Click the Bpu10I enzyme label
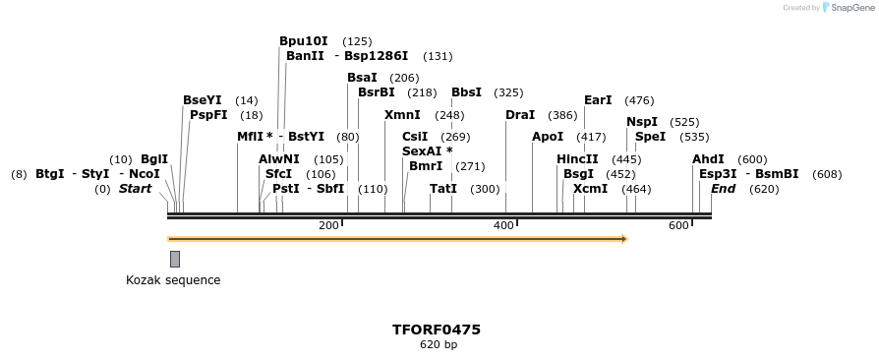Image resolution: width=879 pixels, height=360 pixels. click(304, 41)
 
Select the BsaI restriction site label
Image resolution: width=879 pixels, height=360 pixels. click(362, 78)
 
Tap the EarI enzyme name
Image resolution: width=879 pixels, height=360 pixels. click(598, 100)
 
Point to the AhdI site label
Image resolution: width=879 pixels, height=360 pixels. click(708, 159)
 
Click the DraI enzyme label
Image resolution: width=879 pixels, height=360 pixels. click(520, 115)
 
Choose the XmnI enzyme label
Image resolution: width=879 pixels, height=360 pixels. click(402, 115)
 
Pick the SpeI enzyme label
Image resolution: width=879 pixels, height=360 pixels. click(650, 137)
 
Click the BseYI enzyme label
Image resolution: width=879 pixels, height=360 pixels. click(203, 100)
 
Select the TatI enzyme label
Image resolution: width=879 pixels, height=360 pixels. click(443, 189)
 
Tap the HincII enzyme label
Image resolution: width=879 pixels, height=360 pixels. click(577, 159)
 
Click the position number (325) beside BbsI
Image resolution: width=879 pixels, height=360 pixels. click(508, 93)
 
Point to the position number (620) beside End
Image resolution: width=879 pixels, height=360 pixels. click(764, 189)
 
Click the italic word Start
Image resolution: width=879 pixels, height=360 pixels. click(135, 189)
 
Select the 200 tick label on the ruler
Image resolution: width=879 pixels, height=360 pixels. click(328, 226)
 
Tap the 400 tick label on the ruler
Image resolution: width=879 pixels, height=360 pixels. click(503, 226)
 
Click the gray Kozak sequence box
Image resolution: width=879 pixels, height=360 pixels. click(175, 259)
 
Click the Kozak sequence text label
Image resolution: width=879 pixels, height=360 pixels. click(173, 280)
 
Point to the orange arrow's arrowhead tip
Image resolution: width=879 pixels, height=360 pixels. click(626, 239)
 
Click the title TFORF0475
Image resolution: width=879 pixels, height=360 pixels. click(437, 330)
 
